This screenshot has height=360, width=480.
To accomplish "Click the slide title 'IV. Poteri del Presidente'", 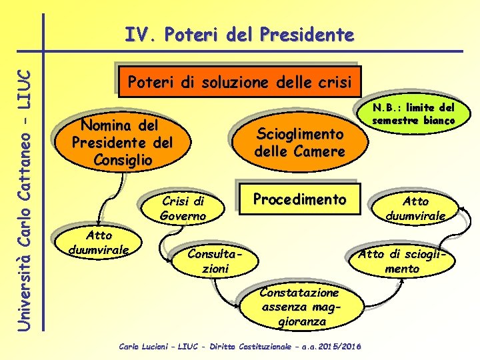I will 239,35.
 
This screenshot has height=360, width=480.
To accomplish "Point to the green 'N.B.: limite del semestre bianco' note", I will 413,114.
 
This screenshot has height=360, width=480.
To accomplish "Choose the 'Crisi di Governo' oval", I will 183,208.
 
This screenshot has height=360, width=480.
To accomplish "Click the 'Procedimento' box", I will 299,199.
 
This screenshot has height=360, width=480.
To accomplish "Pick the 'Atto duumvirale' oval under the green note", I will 415,208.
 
